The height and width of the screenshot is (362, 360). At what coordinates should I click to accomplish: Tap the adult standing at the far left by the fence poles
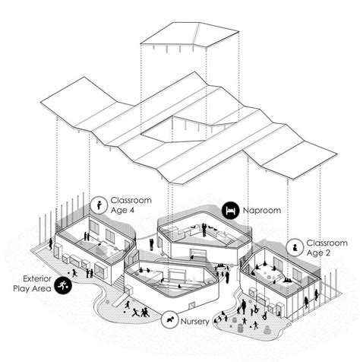click(x=52, y=246)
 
